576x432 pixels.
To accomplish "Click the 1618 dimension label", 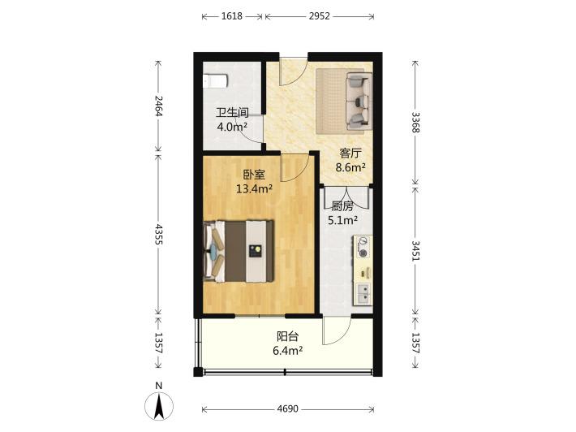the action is coord(232,16).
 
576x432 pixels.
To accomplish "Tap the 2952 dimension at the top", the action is coord(319,16).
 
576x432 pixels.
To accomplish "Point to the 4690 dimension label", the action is coord(288,408).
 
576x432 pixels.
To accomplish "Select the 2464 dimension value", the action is coord(159,106).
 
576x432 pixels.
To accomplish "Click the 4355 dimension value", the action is coord(159,235).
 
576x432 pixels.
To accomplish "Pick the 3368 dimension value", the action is coord(415,123).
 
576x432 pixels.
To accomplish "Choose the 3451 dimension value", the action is coord(415,251).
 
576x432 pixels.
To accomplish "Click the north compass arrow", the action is coord(159,406).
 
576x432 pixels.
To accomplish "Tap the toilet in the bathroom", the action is coord(215,81).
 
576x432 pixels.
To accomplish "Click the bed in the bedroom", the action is coord(239,251).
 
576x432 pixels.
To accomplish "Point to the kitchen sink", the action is coord(363,293).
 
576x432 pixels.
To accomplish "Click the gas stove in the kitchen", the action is coord(363,247).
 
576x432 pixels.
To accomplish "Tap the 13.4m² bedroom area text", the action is coord(254,189).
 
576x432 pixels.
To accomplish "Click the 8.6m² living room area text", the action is coord(350,167).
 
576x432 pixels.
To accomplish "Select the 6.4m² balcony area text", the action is coord(288,351).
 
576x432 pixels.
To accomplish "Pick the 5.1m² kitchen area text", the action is coord(342,220).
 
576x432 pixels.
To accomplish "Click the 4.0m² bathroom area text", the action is coord(232,127).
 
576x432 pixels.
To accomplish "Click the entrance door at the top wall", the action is coord(293,71).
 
